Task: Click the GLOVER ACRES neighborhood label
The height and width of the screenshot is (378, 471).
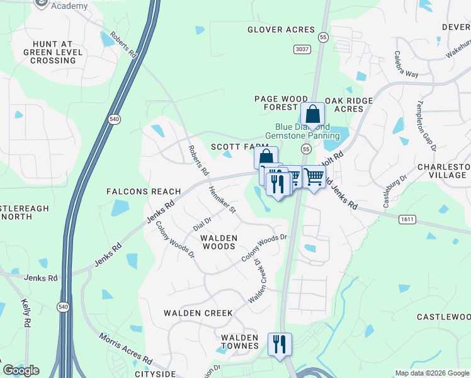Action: tap(281, 30)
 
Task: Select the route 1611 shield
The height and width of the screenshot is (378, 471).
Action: tap(406, 219)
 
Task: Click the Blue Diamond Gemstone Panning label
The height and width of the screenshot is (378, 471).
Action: tap(302, 131)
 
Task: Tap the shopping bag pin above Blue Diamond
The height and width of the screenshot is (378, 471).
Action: tap(312, 115)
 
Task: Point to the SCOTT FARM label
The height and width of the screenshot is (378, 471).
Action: tap(235, 146)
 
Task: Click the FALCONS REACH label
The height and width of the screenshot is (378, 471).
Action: tap(144, 192)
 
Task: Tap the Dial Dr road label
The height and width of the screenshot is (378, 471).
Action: tap(202, 221)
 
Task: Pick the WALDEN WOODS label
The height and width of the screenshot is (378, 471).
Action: tap(218, 243)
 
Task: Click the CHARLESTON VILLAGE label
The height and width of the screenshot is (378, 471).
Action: tap(443, 172)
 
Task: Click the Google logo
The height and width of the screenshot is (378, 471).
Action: tap(21, 370)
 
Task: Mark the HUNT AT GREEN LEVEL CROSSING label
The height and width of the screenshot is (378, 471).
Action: tap(49, 52)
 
